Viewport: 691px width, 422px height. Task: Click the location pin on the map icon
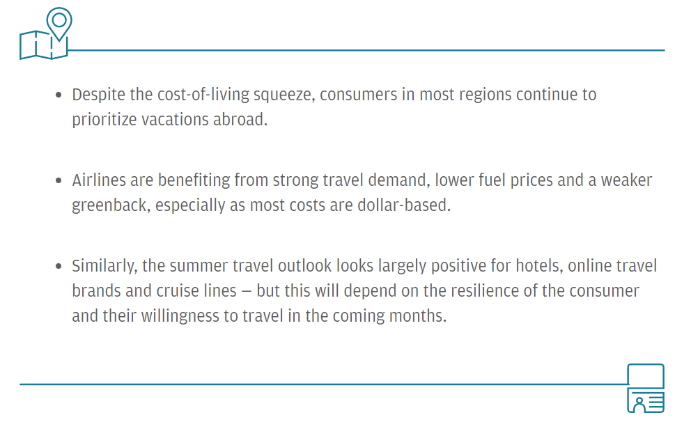click(59, 13)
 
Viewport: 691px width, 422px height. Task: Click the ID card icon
click(646, 389)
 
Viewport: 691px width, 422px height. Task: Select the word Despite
click(99, 95)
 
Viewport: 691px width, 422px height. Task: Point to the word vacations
click(175, 120)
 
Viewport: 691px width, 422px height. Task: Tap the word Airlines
click(99, 180)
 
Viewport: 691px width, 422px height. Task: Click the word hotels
click(539, 266)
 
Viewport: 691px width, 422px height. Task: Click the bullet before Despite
click(59, 95)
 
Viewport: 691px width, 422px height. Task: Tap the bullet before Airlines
click(59, 180)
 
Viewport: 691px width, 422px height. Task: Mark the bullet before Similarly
click(59, 266)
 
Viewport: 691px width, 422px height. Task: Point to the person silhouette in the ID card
click(639, 404)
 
